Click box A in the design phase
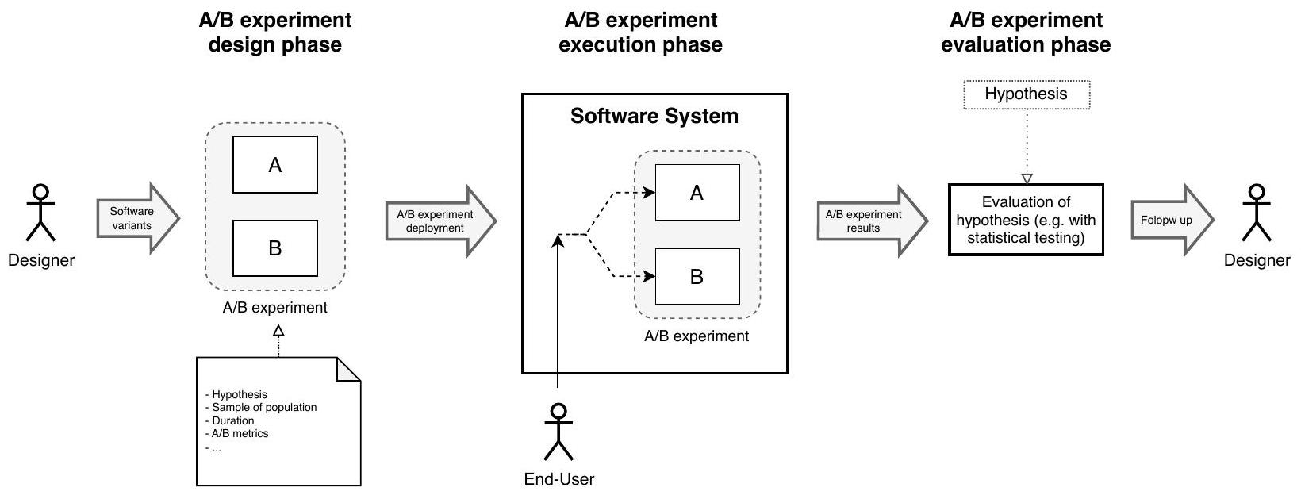pyautogui.click(x=274, y=165)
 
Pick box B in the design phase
pyautogui.click(x=274, y=248)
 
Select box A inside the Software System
pyautogui.click(x=697, y=193)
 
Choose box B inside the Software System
pyautogui.click(x=697, y=277)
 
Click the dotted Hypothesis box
pyautogui.click(x=1026, y=94)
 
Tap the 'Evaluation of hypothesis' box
pyautogui.click(x=1026, y=220)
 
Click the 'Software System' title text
pyautogui.click(x=654, y=117)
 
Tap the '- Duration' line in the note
pyautogui.click(x=230, y=420)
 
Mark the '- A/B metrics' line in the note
pyautogui.click(x=237, y=433)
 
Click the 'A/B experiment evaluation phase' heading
pyautogui.click(x=1025, y=33)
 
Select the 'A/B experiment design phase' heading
pyautogui.click(x=274, y=33)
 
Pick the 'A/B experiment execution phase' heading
pyautogui.click(x=640, y=33)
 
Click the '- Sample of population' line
pyautogui.click(x=261, y=407)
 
